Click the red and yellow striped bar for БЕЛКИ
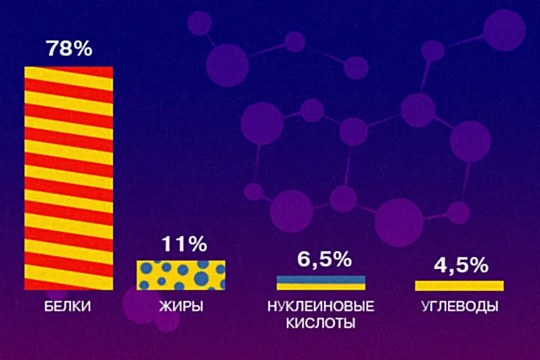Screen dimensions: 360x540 (x=67, y=177)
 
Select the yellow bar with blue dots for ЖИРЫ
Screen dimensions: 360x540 (x=181, y=275)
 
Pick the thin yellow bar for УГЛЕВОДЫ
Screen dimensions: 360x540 (x=460, y=285)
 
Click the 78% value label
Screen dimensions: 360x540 (x=68, y=49)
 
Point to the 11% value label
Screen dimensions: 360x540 (x=183, y=245)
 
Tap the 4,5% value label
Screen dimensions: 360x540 (x=461, y=266)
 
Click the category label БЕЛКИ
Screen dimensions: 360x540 (x=67, y=306)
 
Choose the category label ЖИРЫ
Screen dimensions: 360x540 (x=181, y=306)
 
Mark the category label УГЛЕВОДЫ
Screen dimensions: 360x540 (x=460, y=306)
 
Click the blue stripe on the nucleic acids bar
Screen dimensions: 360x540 (x=321, y=277)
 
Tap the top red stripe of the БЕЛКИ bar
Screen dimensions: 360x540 (x=67, y=70)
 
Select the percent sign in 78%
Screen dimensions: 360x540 (x=82, y=49)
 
